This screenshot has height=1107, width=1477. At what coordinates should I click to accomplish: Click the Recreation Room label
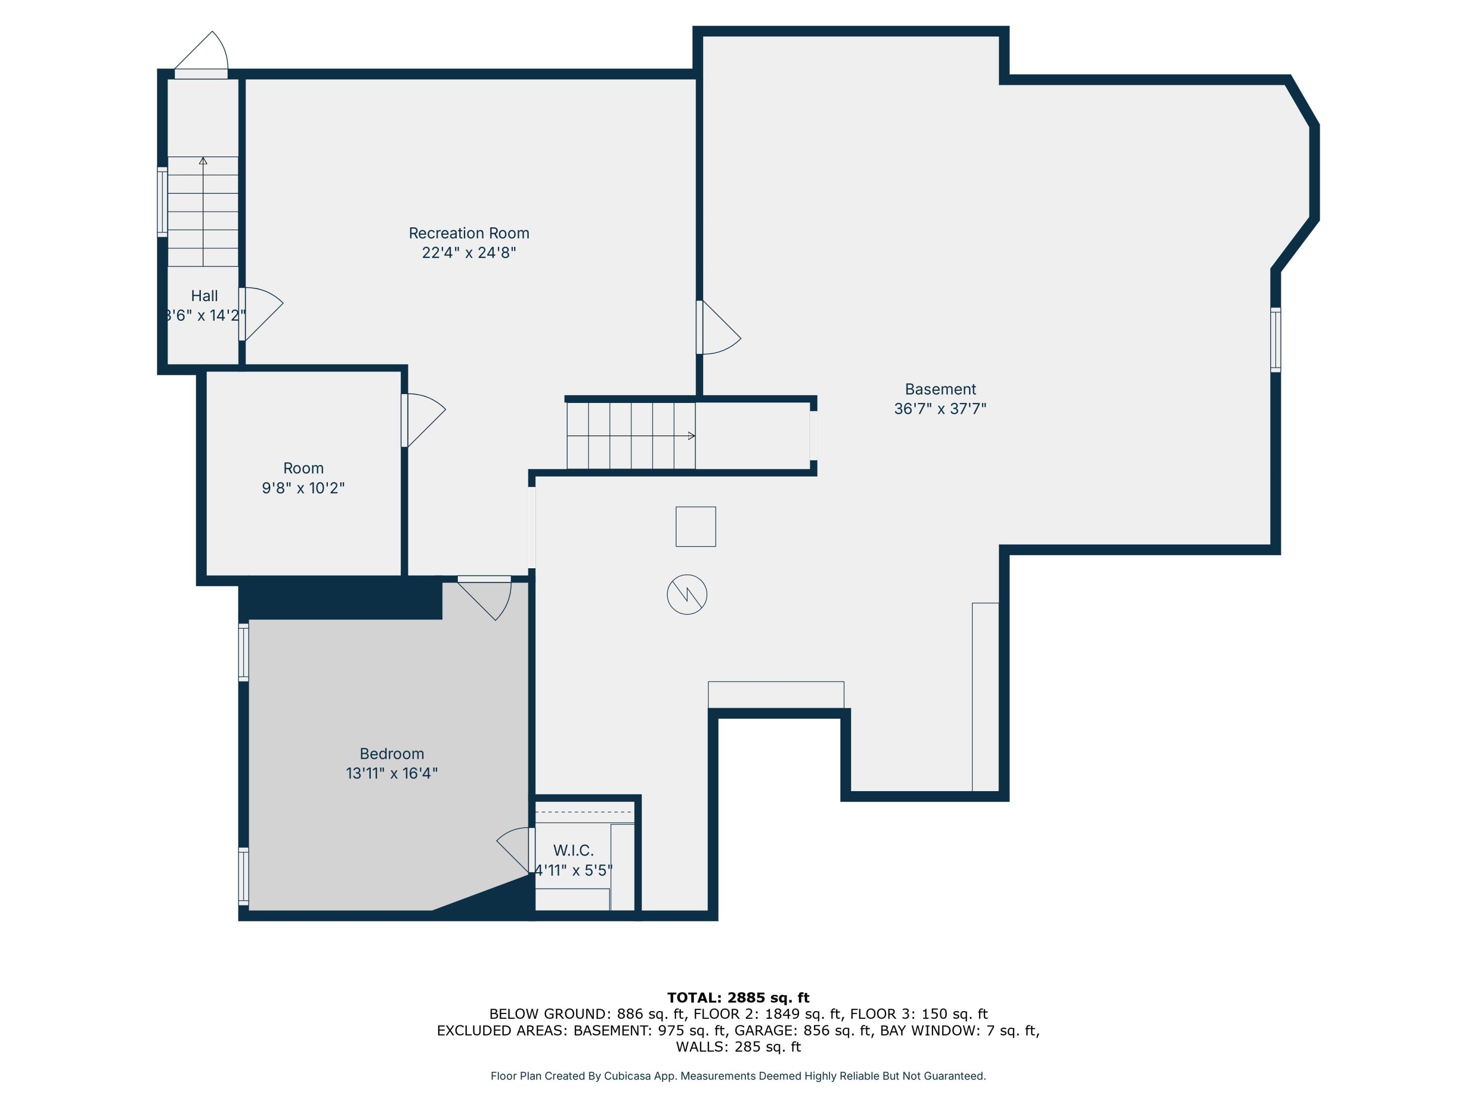[469, 233]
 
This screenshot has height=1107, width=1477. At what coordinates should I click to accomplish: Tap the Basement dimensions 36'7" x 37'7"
[940, 408]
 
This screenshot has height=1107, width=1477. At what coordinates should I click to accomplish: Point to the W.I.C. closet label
[573, 850]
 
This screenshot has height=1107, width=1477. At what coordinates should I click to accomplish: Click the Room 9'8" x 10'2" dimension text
[303, 488]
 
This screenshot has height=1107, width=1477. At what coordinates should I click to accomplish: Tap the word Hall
[204, 296]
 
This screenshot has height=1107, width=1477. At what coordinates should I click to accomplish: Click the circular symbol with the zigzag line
[687, 594]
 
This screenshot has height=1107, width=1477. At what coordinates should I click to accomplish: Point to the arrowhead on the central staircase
[692, 436]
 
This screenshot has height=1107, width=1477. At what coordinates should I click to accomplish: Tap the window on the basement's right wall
[1275, 339]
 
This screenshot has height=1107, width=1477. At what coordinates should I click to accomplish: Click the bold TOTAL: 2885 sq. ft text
[738, 998]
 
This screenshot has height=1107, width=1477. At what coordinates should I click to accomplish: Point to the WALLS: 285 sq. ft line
[738, 1046]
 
